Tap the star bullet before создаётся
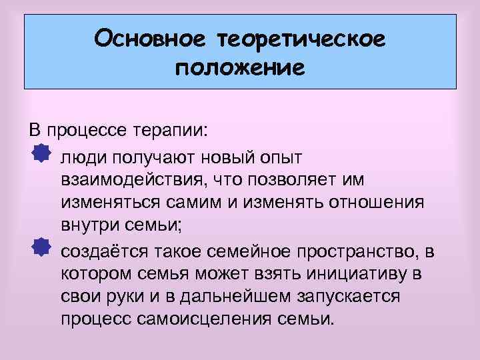click(x=41, y=249)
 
